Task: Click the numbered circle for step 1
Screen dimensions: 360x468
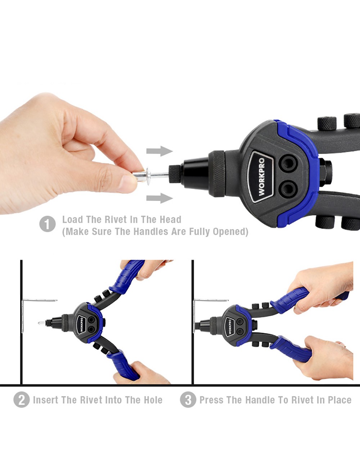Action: tap(48, 224)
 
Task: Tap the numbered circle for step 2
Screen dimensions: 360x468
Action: tap(22, 400)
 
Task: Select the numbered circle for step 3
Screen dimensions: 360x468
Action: tap(188, 400)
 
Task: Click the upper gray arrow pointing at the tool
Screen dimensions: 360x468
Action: tap(159, 151)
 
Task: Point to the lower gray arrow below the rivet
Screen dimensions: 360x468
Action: tap(159, 198)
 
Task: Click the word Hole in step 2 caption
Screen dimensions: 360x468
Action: tap(153, 400)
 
